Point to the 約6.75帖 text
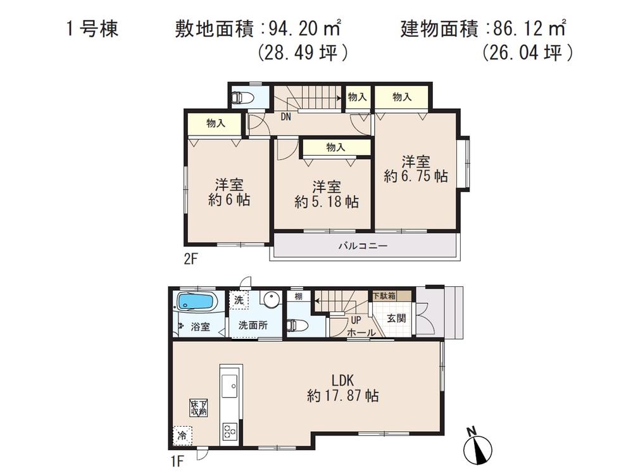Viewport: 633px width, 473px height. tap(415, 177)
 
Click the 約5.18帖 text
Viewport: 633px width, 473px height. tap(327, 202)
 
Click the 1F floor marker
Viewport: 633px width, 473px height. tap(177, 455)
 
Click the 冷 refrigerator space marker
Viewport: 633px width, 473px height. tap(182, 436)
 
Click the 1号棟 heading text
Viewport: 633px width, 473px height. tap(91, 30)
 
